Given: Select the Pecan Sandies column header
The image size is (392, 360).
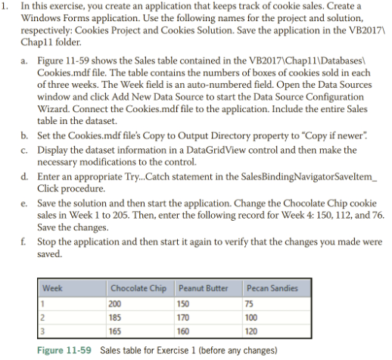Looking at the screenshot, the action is [x=272, y=288].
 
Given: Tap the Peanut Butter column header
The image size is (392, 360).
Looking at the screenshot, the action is [x=202, y=288].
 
